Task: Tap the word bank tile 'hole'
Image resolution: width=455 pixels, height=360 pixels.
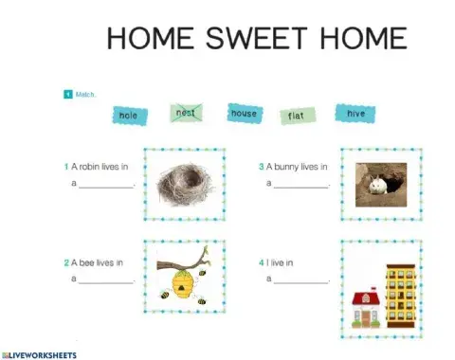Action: tap(129, 115)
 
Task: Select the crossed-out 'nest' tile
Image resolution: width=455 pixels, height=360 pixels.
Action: tap(186, 113)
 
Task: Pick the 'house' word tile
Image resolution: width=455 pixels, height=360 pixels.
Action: tap(244, 114)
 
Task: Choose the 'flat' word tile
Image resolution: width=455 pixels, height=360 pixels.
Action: tap(296, 116)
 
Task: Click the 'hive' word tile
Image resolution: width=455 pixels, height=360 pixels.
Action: tap(355, 114)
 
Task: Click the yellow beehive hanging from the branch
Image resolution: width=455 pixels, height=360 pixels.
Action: tap(184, 281)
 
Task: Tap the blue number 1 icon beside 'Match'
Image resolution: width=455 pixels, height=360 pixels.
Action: tap(67, 94)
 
